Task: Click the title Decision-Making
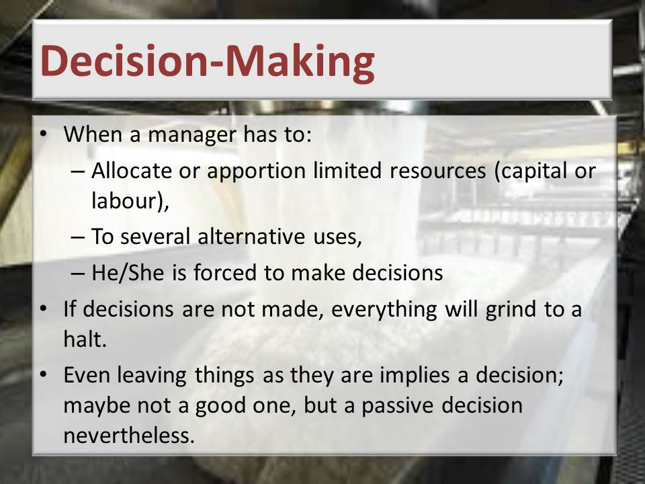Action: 208,61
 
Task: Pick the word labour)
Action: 130,201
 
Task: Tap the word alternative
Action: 251,237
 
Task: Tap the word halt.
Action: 85,339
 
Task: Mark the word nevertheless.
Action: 129,436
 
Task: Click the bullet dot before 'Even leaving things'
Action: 43,375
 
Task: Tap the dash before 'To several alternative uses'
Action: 77,237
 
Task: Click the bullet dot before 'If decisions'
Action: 43,309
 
